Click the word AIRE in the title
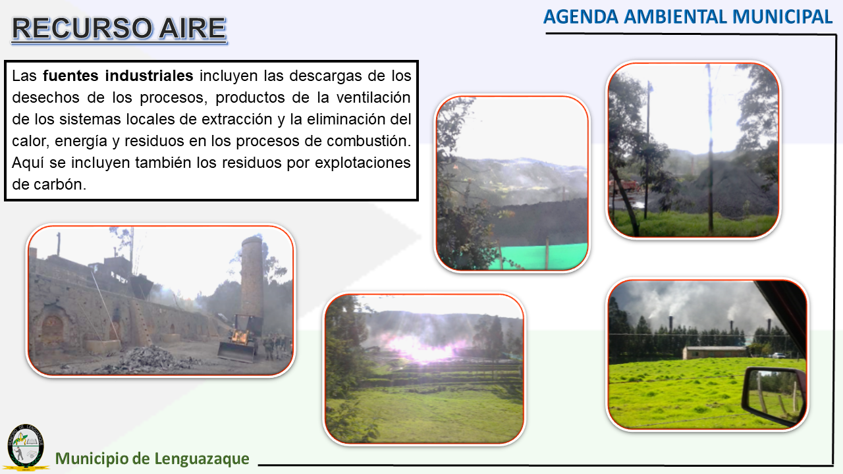[192, 28]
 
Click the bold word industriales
[149, 76]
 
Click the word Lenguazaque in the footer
[202, 459]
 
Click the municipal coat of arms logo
[26, 447]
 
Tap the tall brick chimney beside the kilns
[252, 276]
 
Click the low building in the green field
[714, 352]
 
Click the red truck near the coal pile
[626, 186]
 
